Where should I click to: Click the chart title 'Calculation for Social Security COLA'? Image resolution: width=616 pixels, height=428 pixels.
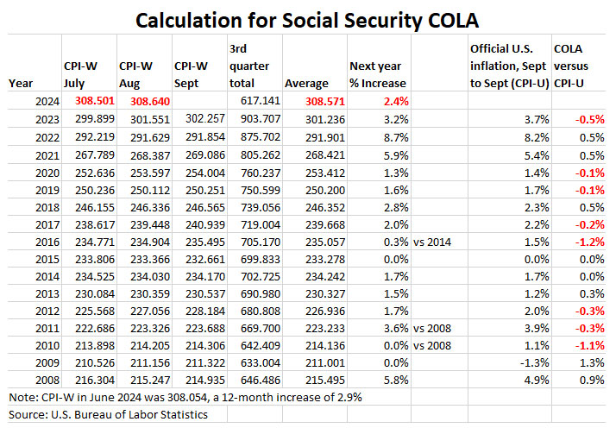(x=308, y=18)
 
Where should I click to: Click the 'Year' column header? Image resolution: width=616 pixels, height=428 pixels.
(x=22, y=83)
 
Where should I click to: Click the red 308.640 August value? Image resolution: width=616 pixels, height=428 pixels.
(x=139, y=100)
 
